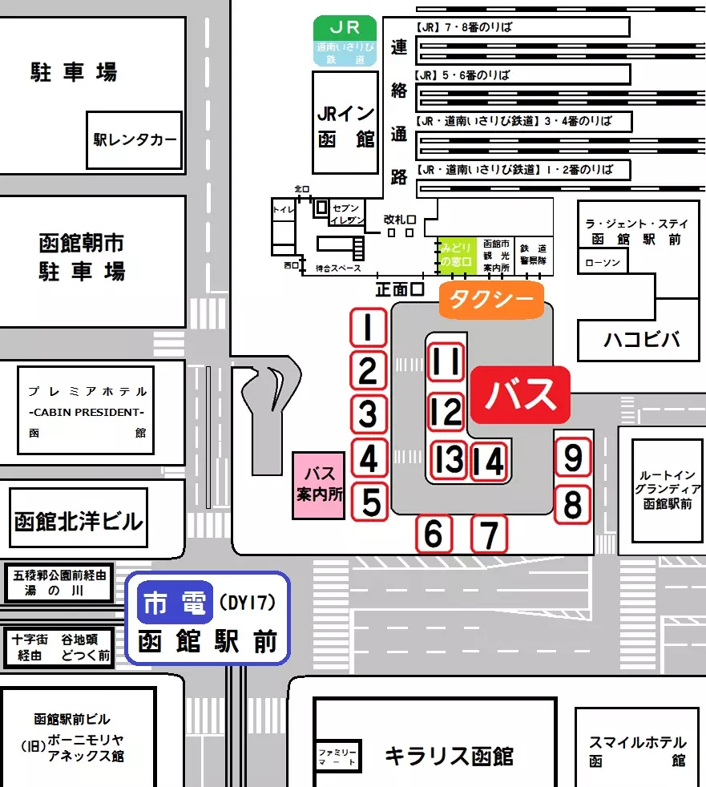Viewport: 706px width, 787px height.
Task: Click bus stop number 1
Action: (x=368, y=328)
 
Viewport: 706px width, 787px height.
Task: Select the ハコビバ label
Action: (x=640, y=340)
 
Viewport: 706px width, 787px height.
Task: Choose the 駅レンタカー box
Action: (x=134, y=140)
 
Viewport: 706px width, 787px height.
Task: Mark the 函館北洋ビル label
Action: (x=79, y=522)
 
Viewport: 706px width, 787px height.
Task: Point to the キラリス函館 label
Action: (x=449, y=755)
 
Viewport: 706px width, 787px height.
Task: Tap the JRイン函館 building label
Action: (x=345, y=125)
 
